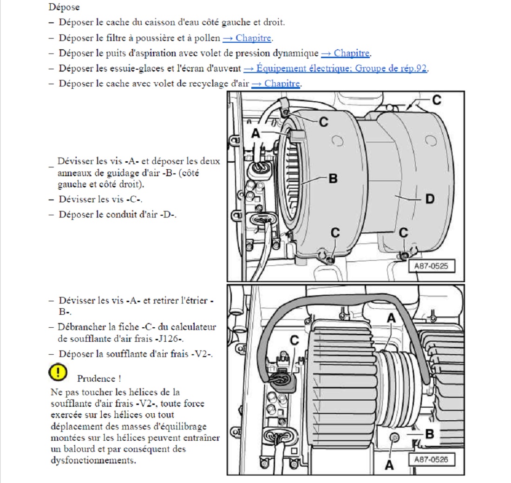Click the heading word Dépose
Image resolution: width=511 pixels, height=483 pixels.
[x=64, y=7]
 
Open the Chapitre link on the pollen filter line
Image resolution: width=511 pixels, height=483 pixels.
[x=247, y=38]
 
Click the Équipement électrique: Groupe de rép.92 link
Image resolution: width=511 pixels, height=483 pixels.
[x=335, y=68]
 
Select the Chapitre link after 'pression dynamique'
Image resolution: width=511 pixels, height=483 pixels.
[x=346, y=53]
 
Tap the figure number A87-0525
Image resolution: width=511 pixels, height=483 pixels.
[x=431, y=266]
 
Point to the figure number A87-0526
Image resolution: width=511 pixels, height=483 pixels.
[x=431, y=460]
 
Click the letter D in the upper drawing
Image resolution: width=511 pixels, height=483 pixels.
[x=430, y=199]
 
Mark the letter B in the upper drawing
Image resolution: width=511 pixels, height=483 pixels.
[x=333, y=178]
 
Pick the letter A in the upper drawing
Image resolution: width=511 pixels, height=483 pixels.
[x=255, y=133]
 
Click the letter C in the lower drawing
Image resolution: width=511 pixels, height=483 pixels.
[x=294, y=340]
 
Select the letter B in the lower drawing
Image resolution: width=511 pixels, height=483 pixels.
[x=430, y=435]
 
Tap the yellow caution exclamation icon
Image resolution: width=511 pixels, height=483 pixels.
[x=58, y=371]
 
